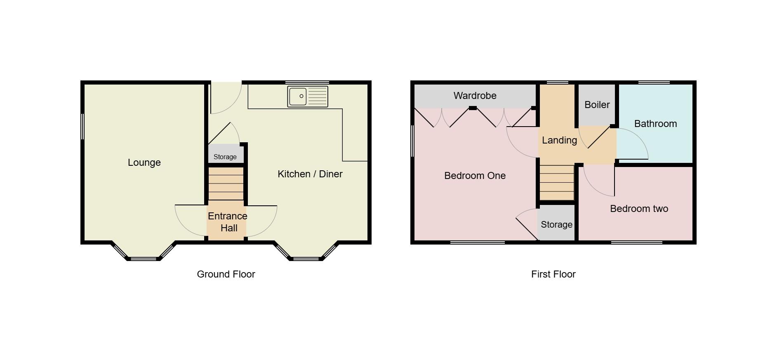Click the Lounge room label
144,162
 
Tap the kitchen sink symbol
308,96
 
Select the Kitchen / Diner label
310,174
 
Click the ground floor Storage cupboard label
225,157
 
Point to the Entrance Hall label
228,222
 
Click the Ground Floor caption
226,274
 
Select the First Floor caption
553,274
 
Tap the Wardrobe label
475,96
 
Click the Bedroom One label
475,176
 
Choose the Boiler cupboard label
597,105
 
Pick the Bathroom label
655,124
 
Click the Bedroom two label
639,209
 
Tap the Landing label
559,140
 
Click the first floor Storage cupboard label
556,225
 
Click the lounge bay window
143,258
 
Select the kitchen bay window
306,258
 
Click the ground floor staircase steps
226,184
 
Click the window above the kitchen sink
307,82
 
